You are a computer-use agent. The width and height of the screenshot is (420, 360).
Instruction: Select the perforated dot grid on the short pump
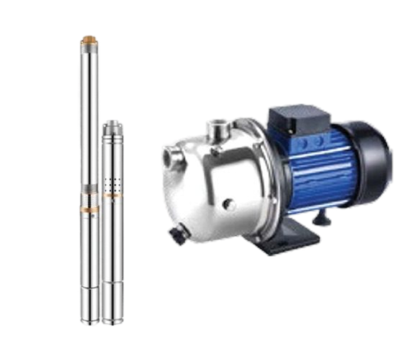click(111, 184)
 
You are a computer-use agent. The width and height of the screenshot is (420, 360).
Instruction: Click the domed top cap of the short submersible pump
click(112, 125)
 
